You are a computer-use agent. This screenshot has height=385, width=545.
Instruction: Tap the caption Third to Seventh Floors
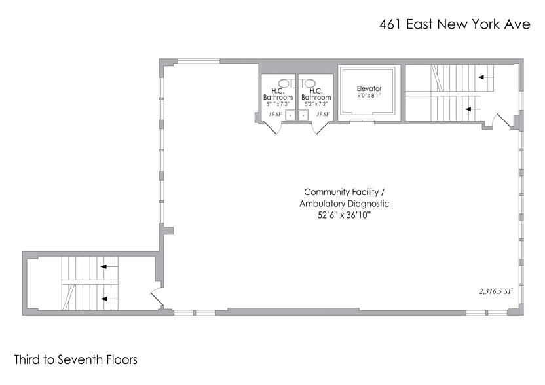75,359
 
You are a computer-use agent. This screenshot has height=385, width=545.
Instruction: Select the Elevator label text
369,88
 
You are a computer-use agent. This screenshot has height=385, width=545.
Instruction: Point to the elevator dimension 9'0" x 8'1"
369,96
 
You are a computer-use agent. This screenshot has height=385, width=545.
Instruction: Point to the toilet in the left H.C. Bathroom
286,82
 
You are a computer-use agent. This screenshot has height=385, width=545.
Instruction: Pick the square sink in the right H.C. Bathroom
303,115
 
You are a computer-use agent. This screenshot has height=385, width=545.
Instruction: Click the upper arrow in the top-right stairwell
485,77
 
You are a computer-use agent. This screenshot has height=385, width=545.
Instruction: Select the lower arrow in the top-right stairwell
470,109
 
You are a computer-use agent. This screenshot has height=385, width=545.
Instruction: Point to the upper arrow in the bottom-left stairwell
108,266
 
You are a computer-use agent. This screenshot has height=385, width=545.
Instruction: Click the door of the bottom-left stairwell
157,298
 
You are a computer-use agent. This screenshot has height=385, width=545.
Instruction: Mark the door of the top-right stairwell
504,121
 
